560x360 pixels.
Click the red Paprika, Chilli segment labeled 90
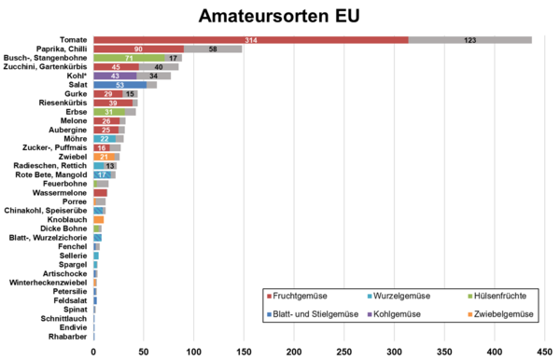click(x=138, y=48)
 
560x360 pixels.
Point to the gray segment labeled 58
click(x=213, y=48)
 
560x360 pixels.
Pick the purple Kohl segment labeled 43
click(x=115, y=76)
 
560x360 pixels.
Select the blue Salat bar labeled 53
click(x=119, y=85)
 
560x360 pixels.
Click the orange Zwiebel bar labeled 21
click(x=104, y=157)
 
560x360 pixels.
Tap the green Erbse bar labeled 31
click(x=108, y=112)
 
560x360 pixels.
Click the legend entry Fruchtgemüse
click(x=303, y=296)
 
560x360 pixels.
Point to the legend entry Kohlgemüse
click(x=407, y=315)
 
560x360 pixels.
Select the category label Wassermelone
click(x=60, y=193)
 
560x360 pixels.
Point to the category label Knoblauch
click(x=67, y=219)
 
